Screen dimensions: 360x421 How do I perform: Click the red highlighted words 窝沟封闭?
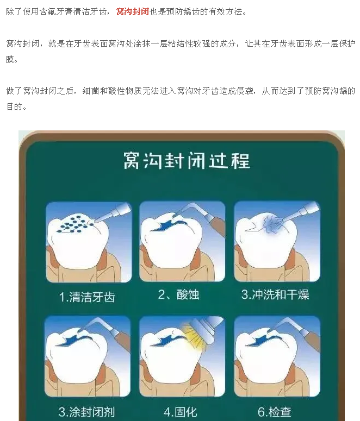coord(133,11)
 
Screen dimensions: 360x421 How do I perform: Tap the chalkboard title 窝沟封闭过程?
coord(187,161)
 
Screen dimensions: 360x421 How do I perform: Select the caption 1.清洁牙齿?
coord(87,297)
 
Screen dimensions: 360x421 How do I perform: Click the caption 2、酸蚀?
coord(178,294)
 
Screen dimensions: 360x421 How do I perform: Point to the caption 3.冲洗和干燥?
coord(275,294)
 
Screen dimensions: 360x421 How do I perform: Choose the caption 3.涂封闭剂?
coord(86,412)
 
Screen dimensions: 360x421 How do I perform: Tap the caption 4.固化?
coord(180,412)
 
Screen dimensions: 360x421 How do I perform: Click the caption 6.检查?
coord(274,412)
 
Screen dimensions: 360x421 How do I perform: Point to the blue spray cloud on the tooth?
coord(272,223)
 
